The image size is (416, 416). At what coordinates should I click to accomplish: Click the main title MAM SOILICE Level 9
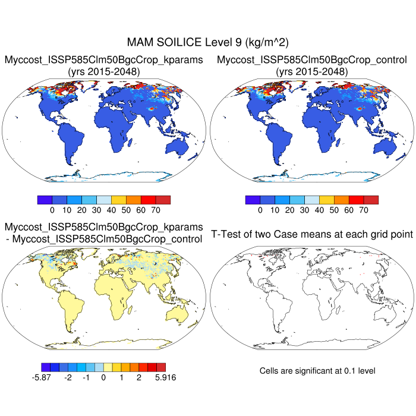[207, 43]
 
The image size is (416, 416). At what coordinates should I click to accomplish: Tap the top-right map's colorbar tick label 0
[260, 210]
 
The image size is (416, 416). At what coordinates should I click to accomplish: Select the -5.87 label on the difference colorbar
[51, 377]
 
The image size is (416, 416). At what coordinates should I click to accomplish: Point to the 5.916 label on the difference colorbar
[165, 377]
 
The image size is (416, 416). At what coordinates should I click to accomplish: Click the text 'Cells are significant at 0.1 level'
[317, 371]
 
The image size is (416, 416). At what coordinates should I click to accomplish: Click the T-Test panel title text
[311, 235]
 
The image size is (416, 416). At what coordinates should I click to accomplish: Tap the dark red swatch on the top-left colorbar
[163, 200]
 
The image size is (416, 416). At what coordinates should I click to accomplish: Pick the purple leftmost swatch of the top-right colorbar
[252, 200]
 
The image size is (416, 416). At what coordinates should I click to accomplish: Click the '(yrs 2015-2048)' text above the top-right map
[311, 72]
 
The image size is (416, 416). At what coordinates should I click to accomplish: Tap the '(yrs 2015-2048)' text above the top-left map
[104, 72]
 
